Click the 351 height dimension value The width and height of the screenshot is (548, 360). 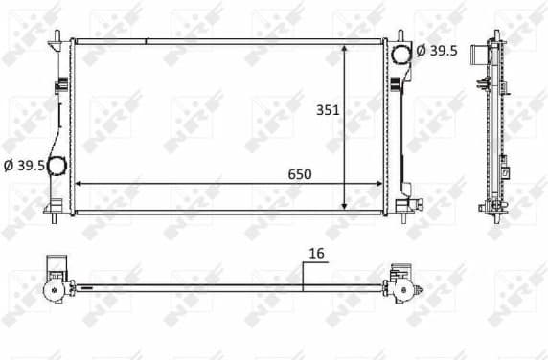(329, 111)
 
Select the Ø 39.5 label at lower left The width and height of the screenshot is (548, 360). (23, 166)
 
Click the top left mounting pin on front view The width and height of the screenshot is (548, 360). (57, 36)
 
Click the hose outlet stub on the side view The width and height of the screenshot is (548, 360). (476, 56)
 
